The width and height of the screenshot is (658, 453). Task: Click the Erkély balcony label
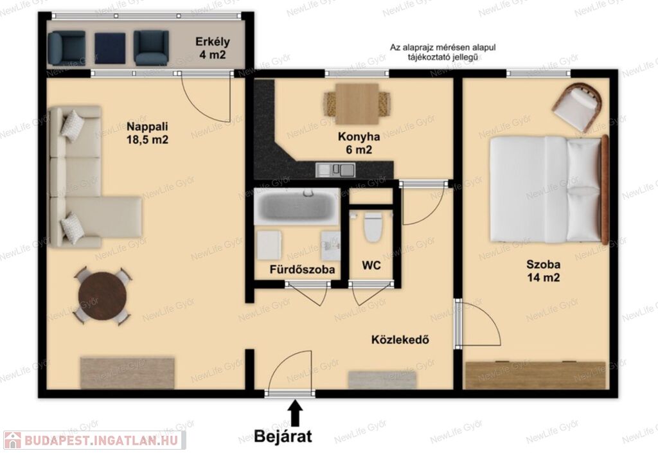pyautogui.click(x=213, y=48)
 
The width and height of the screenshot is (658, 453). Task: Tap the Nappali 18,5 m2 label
pyautogui.click(x=147, y=132)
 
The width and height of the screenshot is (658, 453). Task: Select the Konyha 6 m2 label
pyautogui.click(x=359, y=143)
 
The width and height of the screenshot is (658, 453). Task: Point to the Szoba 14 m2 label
pyautogui.click(x=544, y=271)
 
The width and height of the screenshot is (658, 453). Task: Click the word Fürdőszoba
pyautogui.click(x=302, y=269)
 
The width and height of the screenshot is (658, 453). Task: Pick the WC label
pyautogui.click(x=371, y=265)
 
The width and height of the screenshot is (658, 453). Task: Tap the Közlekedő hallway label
pyautogui.click(x=400, y=339)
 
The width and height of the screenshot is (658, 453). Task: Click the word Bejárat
pyautogui.click(x=283, y=436)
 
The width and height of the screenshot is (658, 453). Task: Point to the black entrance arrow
pyautogui.click(x=296, y=413)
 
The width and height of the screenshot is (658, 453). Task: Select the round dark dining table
pyautogui.click(x=102, y=296)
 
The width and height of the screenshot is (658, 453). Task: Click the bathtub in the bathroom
pyautogui.click(x=297, y=206)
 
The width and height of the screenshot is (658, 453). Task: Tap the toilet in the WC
pyautogui.click(x=373, y=226)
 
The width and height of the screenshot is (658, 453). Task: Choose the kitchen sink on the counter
pyautogui.click(x=335, y=170)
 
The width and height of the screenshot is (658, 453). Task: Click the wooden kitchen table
pyautogui.click(x=357, y=104)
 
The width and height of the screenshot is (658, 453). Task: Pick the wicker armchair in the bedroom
pyautogui.click(x=578, y=107)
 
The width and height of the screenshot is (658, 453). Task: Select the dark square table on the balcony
pyautogui.click(x=110, y=48)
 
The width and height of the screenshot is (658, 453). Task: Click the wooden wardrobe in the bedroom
pyautogui.click(x=535, y=375)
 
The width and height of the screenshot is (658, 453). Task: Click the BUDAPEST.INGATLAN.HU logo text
pyautogui.click(x=101, y=440)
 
